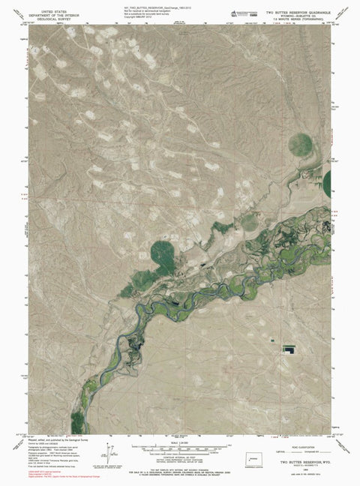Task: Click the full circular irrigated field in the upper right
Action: point(304,142)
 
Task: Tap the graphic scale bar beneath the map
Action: point(180,448)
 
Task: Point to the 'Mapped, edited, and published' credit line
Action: point(53,442)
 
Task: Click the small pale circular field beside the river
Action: point(247,222)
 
